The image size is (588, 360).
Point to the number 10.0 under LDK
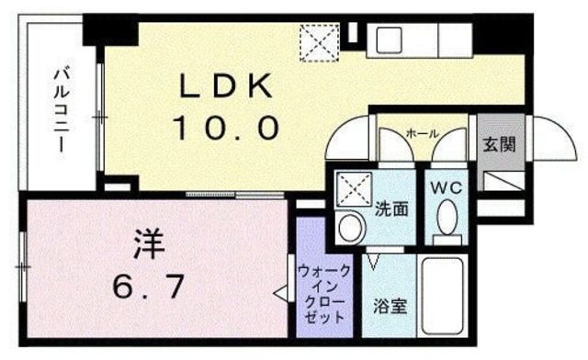[224, 127]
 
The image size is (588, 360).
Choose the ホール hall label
[422, 134]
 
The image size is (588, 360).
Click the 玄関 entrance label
[499, 144]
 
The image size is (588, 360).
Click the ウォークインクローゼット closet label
[324, 293]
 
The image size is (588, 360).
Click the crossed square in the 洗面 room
[350, 189]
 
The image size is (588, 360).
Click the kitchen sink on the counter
[387, 39]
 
